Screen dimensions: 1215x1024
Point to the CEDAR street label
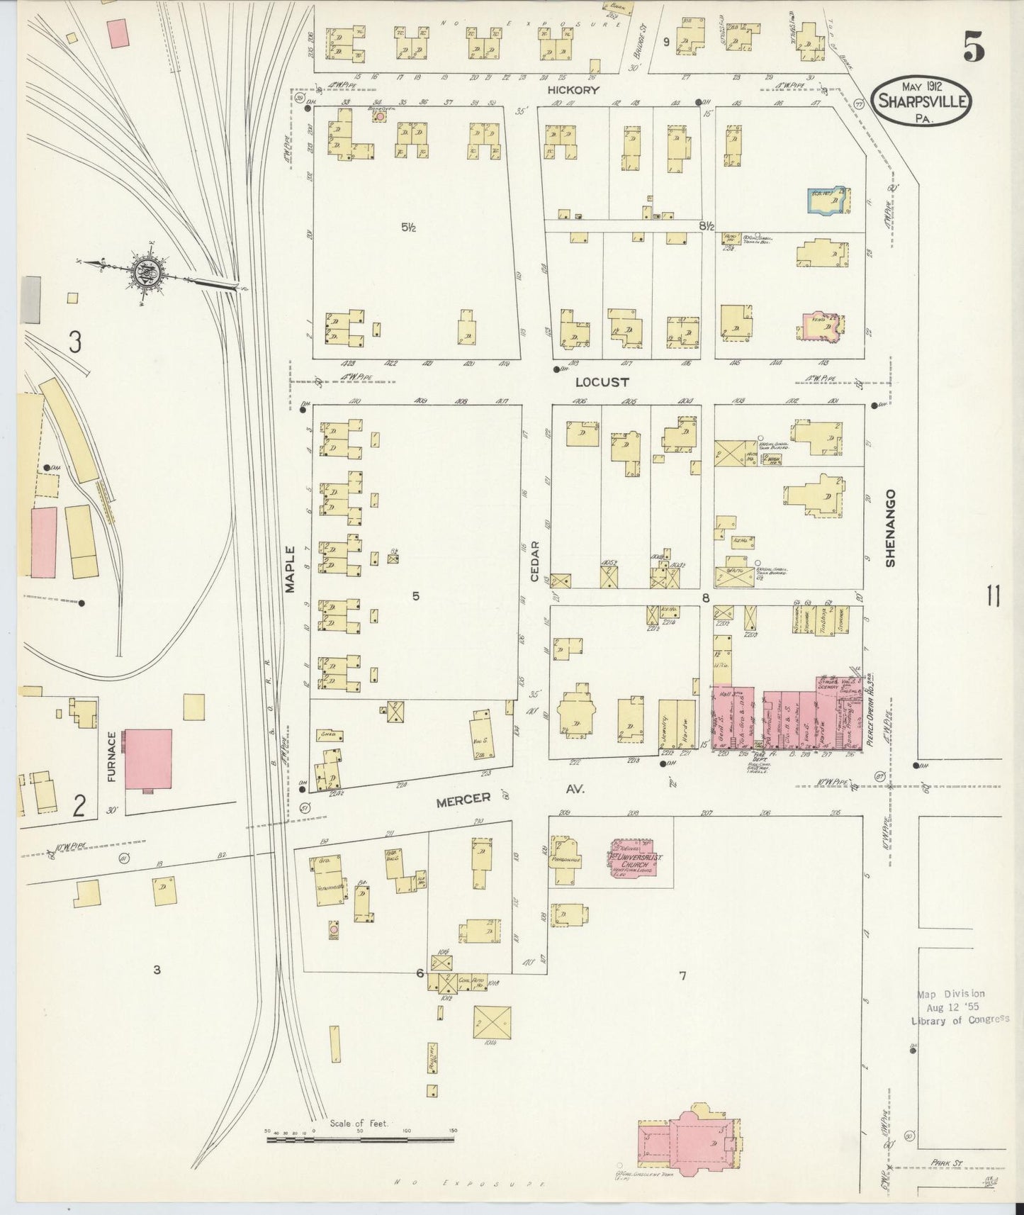[x=536, y=561]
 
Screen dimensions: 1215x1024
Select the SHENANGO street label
[x=891, y=527]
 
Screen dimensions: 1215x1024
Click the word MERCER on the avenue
[x=463, y=799]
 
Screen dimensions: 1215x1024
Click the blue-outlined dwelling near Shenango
[x=827, y=201]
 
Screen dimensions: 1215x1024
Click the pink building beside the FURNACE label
[x=148, y=758]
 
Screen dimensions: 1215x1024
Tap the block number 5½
[x=407, y=228]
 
